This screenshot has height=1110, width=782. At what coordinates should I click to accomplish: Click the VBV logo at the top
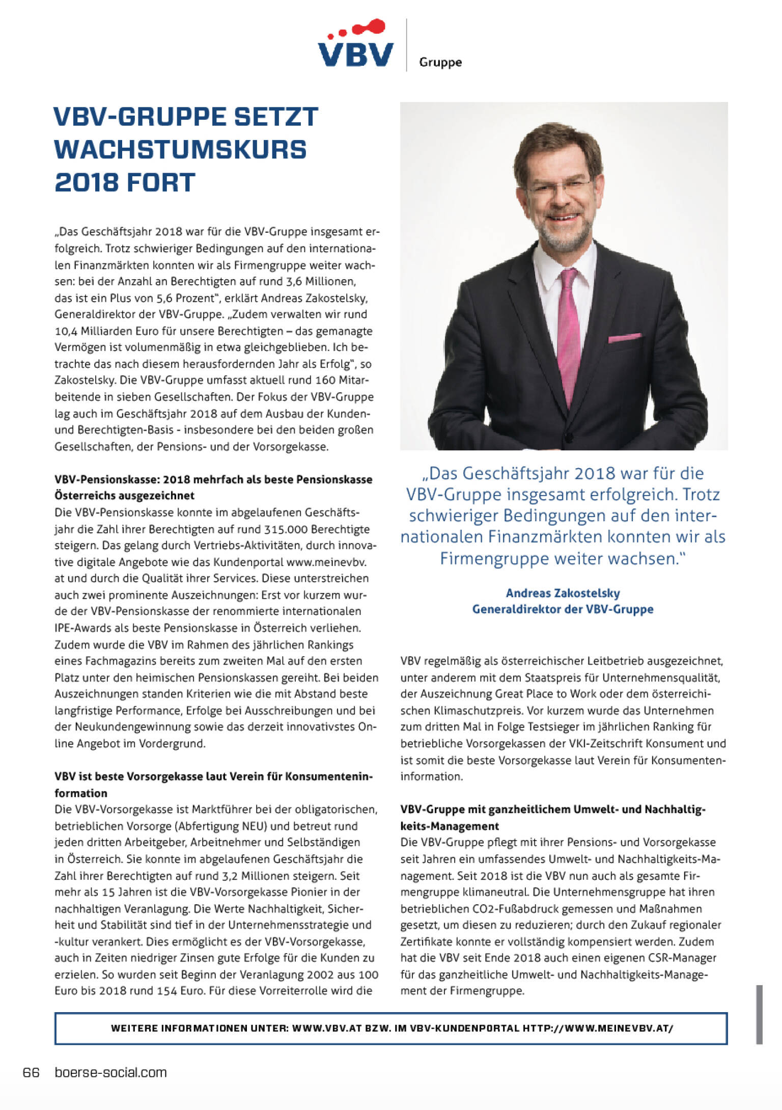pyautogui.click(x=356, y=44)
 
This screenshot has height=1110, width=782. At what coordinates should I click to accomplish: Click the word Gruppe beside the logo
pyautogui.click(x=440, y=62)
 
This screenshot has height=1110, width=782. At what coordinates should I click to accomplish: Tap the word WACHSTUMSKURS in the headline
pyautogui.click(x=181, y=149)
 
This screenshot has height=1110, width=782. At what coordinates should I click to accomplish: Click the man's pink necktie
pyautogui.click(x=569, y=331)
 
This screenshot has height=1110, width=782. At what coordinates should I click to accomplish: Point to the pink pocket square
pyautogui.click(x=624, y=337)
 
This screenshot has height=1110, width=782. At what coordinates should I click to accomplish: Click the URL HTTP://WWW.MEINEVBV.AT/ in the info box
pyautogui.click(x=598, y=1028)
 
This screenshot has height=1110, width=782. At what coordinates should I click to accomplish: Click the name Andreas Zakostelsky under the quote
pyautogui.click(x=563, y=593)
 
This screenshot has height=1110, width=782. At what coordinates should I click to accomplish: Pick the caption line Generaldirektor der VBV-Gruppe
pyautogui.click(x=563, y=609)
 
